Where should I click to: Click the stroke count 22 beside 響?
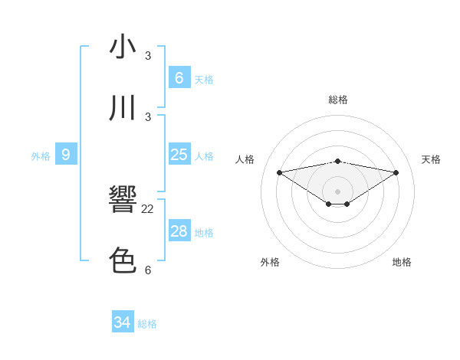pos(148,209)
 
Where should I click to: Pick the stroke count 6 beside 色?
pos(148,270)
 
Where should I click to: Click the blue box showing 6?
pos(179,77)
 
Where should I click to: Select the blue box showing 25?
pos(179,155)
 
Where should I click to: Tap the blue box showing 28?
pos(179,231)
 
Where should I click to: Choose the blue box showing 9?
pos(66,155)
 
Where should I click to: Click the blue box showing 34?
pos(122,322)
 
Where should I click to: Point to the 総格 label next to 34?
pos(147,324)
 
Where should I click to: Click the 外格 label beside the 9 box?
pos(41,156)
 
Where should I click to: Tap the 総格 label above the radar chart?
pos(337,100)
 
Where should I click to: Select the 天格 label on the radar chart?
pos(431,159)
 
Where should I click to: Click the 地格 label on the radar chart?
pos(402,262)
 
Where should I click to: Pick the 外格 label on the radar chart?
pos(270,262)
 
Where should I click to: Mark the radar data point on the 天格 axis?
pos(396,172)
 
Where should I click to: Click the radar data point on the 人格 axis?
pos(279,172)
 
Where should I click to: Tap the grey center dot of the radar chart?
pos(337,191)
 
